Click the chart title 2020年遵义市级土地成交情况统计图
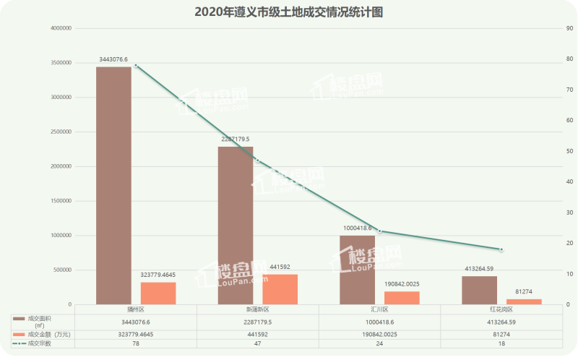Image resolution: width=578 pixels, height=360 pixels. (288, 12)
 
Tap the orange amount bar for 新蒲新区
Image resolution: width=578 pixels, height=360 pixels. (280, 289)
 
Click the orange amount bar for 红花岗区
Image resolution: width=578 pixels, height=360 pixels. (524, 301)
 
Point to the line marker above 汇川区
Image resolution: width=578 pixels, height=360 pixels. (379, 231)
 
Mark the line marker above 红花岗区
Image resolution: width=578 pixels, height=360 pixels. (501, 249)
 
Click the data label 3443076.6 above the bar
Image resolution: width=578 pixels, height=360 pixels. (114, 59)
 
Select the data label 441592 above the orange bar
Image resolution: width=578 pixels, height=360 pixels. (280, 267)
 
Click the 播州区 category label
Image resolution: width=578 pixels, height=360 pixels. (136, 309)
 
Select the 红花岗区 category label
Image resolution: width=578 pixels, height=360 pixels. (501, 309)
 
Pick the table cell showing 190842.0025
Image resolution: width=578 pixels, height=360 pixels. (379, 335)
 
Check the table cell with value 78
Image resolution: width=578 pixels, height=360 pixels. (136, 343)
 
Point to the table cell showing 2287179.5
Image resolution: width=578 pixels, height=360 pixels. (258, 322)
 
